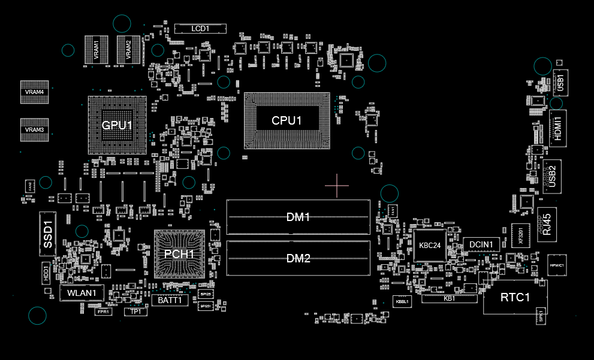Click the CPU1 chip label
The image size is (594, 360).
(287, 120)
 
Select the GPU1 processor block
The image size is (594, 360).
(117, 125)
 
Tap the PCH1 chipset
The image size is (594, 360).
(179, 254)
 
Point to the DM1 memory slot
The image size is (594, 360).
(298, 217)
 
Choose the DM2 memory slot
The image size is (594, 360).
(298, 259)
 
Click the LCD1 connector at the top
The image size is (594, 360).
(200, 29)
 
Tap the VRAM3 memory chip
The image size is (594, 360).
(34, 130)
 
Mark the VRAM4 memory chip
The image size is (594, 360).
(34, 92)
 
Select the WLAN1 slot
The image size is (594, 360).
(82, 293)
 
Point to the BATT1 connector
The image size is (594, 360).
(170, 301)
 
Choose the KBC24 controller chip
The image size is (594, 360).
(430, 245)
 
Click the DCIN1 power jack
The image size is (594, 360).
(481, 244)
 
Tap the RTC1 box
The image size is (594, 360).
(515, 297)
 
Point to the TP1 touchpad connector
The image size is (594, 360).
(135, 311)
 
